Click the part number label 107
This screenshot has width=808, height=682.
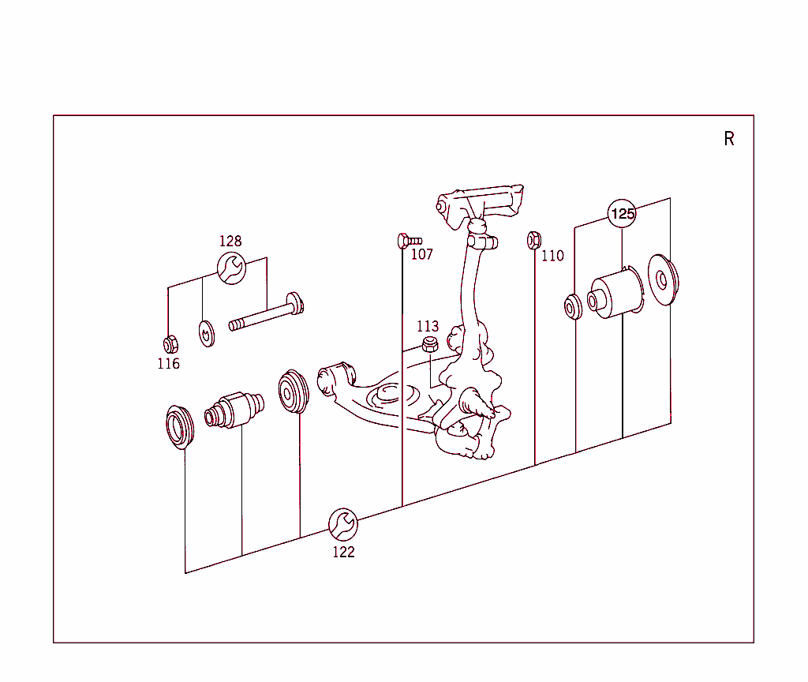coord(422,255)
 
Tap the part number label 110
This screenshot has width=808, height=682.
coord(552,256)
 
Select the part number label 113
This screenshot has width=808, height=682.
coord(428,326)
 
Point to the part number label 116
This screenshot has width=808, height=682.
coord(168,364)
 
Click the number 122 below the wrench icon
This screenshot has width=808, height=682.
coord(343,553)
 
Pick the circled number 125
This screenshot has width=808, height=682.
coord(623,214)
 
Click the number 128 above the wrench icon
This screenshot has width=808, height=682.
coord(230,242)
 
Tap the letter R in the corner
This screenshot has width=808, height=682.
coord(729,140)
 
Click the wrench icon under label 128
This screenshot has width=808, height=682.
coord(231,268)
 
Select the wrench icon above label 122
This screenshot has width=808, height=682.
coord(343,523)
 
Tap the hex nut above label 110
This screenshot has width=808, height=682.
coord(533,240)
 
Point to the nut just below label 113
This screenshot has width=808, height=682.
coord(429,344)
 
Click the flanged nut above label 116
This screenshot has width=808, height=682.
coord(169,344)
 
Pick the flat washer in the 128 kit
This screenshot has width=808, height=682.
coord(204,333)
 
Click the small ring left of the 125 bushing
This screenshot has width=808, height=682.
coord(572,306)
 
